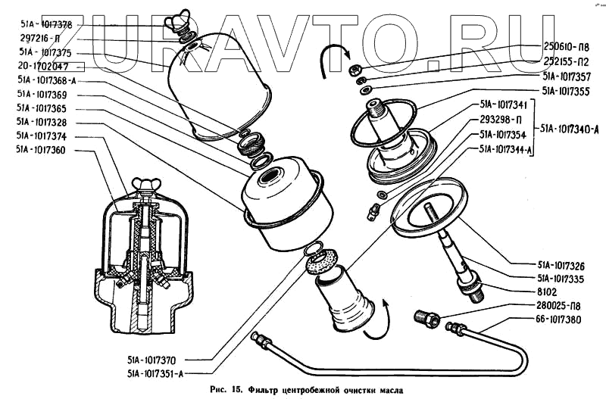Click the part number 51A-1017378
45,25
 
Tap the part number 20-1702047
45,67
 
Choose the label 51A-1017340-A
568,129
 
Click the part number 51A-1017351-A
156,373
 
